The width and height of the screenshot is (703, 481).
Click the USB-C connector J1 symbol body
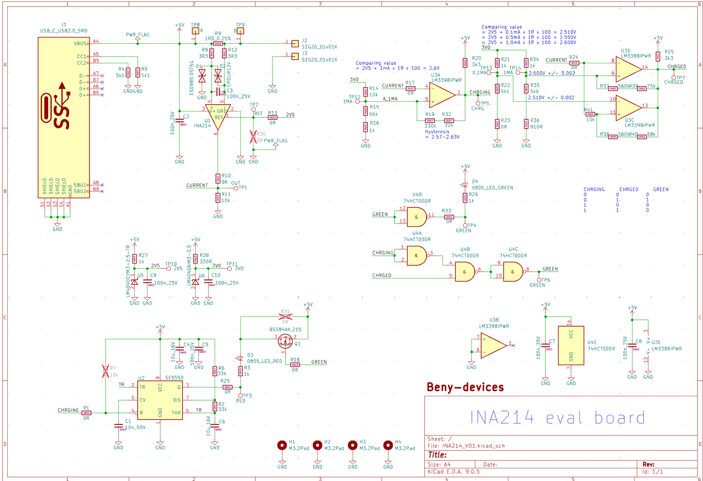(64, 117)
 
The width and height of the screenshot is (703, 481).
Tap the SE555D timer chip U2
(160, 400)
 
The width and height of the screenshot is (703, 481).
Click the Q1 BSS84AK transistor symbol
(285, 341)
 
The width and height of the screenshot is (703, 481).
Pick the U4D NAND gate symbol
(416, 217)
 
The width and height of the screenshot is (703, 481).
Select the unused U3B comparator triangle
(492, 346)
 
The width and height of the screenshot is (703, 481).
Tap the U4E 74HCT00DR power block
(571, 345)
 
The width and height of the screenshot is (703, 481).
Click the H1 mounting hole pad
(282, 445)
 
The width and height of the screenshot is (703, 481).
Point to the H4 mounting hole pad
(388, 445)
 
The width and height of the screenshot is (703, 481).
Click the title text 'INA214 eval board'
(557, 418)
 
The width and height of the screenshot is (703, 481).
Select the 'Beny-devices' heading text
(465, 388)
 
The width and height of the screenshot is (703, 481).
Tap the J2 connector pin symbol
(294, 44)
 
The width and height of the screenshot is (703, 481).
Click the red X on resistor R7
(106, 371)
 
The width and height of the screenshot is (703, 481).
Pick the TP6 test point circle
(539, 279)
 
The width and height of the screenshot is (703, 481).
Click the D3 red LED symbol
(240, 358)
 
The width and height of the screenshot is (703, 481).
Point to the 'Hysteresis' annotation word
(437, 132)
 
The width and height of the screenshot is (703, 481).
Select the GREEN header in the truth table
(661, 189)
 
